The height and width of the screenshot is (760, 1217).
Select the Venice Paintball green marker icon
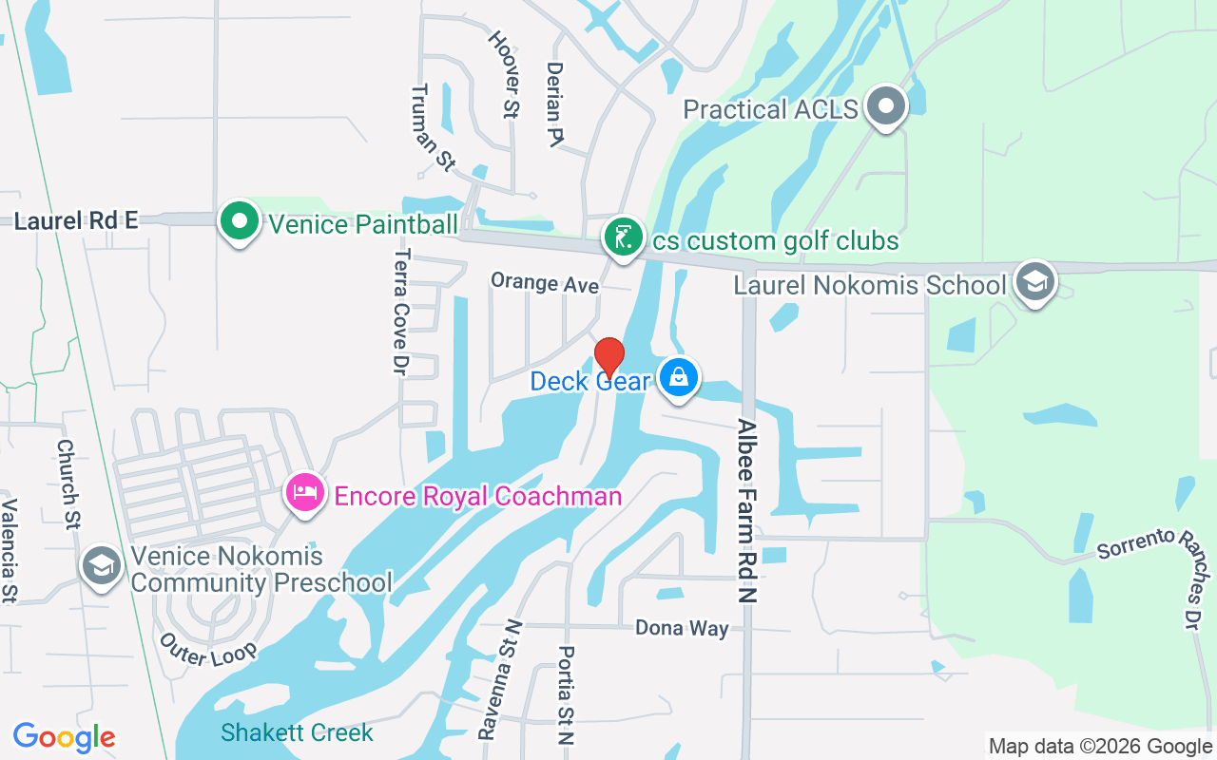point(240,222)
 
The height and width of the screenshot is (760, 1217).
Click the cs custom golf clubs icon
point(623,237)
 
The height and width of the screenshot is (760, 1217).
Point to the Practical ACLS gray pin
point(887,106)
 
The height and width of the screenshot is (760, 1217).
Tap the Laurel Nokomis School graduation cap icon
point(1034,282)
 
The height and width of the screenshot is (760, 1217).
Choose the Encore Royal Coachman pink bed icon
point(304,493)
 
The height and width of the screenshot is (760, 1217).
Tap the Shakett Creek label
point(297,732)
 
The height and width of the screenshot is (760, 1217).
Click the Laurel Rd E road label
point(76,220)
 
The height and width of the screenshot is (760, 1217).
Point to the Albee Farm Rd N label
point(747,511)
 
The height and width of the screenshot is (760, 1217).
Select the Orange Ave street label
point(545,283)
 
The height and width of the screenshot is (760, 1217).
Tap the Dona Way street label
point(682,628)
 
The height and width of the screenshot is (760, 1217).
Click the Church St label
point(68,483)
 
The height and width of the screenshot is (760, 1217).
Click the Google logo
point(64,737)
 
